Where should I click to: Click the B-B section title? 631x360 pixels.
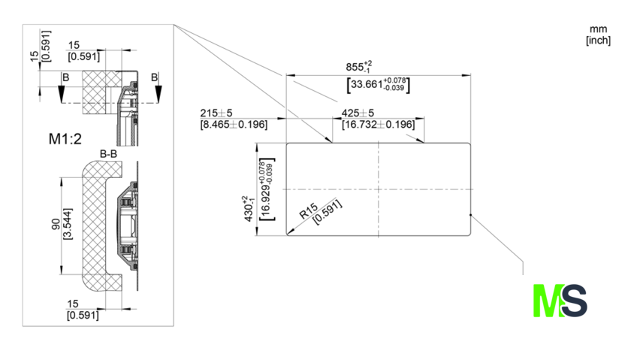109,154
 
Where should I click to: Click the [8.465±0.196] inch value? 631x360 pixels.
234,124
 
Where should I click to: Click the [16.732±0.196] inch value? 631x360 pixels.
378,124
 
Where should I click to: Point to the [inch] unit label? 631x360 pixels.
598,40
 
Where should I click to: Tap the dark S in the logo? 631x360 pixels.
574,300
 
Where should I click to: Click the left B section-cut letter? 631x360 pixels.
66,77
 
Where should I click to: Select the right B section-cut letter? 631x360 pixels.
154,77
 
